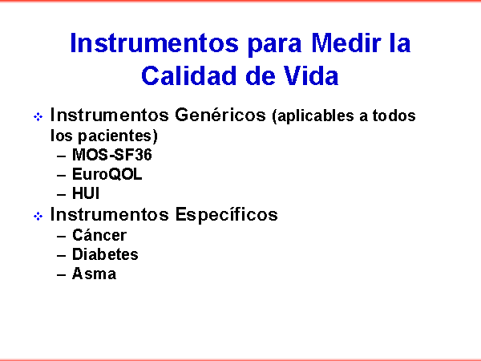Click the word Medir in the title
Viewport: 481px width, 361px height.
(346, 43)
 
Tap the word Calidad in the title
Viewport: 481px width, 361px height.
(190, 75)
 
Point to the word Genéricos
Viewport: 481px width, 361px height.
(220, 115)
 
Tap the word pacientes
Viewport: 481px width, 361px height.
(118, 136)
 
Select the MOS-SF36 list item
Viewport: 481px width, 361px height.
(112, 154)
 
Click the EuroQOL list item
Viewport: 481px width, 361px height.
(107, 174)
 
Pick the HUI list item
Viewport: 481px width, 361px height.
(86, 193)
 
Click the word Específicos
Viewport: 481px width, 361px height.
(226, 214)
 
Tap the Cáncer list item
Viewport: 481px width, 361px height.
(99, 235)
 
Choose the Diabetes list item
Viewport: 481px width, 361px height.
(105, 254)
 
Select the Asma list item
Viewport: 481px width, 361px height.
(94, 274)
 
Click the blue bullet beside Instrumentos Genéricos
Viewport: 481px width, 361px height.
(38, 116)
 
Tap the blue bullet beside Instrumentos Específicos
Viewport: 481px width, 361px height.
(38, 216)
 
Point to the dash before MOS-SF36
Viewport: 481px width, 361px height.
(62, 156)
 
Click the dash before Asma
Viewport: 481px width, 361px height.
(62, 274)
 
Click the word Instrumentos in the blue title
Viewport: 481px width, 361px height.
(154, 43)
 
